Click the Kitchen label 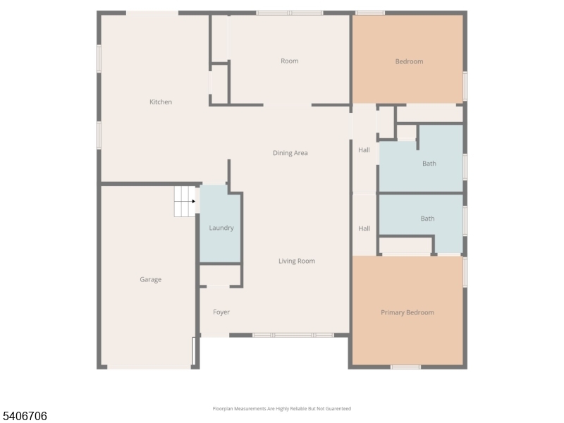click(160, 102)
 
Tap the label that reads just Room click(289, 61)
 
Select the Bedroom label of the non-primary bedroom click(409, 61)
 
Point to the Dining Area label click(290, 153)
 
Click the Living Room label click(296, 261)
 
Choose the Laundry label click(221, 228)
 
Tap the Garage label click(150, 279)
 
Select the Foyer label click(221, 312)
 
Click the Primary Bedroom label click(407, 312)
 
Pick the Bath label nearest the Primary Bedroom click(427, 219)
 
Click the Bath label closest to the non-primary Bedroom click(429, 164)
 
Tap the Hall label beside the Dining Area click(364, 149)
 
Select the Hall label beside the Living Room click(364, 228)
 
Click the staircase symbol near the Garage click(185, 202)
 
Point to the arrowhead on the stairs click(194, 202)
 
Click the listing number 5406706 click(25, 417)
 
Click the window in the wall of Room click(289, 13)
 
